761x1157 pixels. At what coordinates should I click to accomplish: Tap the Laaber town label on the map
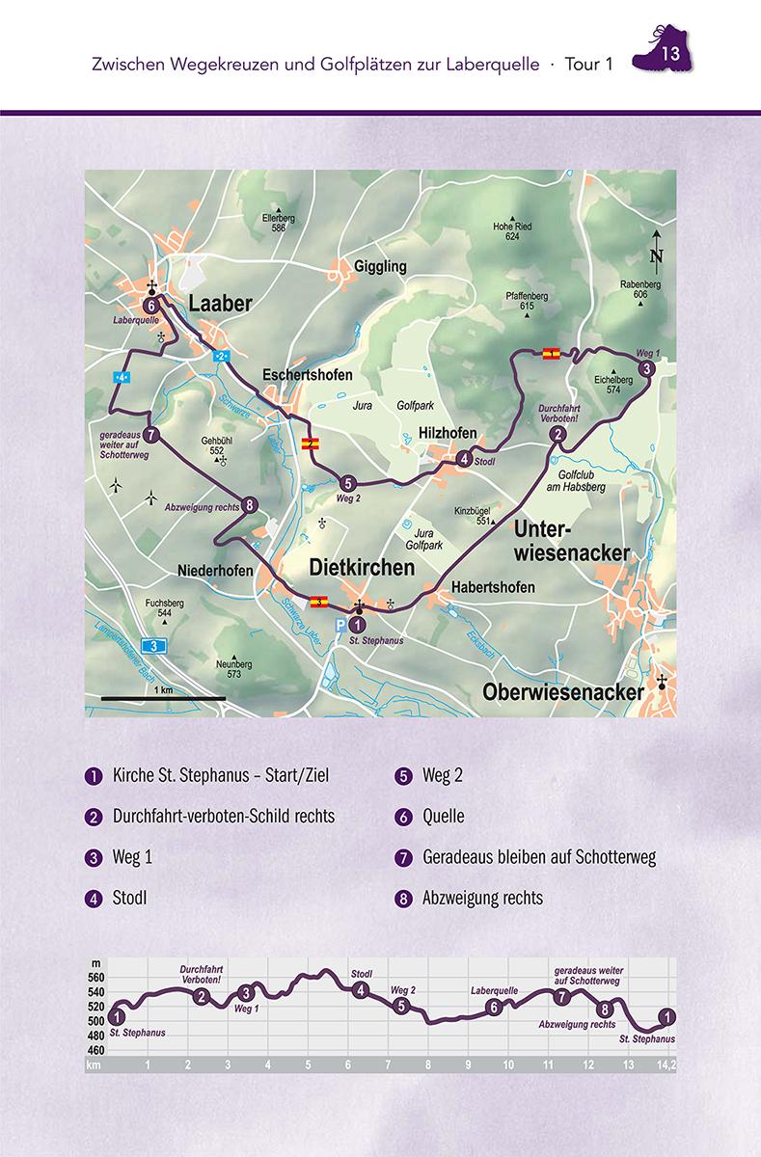(x=220, y=304)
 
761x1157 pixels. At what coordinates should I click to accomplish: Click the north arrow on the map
(x=656, y=248)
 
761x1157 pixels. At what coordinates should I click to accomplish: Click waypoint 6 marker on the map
(x=149, y=305)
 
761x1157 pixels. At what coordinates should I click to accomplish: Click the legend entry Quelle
(x=443, y=817)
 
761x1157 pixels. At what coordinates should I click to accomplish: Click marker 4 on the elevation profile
(x=361, y=989)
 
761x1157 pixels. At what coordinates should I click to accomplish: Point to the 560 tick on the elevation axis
(x=95, y=977)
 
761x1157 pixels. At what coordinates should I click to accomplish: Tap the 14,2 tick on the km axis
(x=665, y=1065)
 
